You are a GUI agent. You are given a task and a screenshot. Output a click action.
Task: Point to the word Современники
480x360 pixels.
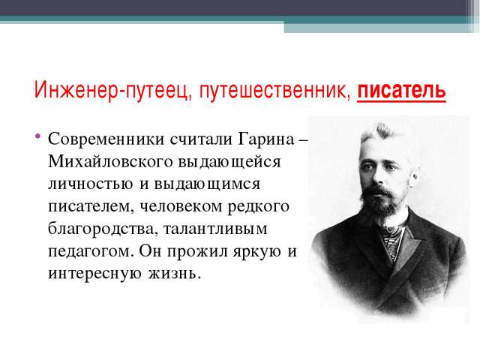click(106, 139)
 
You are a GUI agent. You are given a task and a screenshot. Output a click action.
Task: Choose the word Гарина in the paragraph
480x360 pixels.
click(265, 139)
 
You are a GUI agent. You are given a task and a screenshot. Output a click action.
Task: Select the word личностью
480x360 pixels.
click(91, 184)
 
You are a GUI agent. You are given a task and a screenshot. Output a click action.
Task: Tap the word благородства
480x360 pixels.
click(103, 229)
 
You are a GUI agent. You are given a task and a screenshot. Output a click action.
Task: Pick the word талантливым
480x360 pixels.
click(215, 229)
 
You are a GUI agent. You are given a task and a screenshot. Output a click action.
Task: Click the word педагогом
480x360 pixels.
click(91, 252)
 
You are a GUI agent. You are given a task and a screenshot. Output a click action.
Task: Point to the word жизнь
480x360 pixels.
click(175, 273)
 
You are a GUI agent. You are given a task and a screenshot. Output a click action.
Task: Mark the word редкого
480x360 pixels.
click(258, 207)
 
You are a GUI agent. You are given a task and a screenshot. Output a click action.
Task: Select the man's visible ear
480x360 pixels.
click(414, 175)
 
